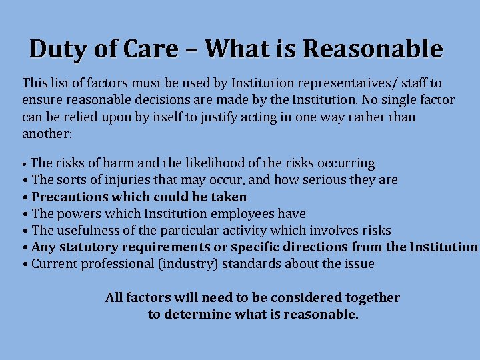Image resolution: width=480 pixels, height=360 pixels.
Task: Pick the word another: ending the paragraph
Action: pyautogui.click(x=47, y=133)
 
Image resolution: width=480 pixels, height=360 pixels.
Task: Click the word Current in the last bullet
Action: pyautogui.click(x=54, y=264)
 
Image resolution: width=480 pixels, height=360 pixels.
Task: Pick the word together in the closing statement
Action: pyautogui.click(x=369, y=298)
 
